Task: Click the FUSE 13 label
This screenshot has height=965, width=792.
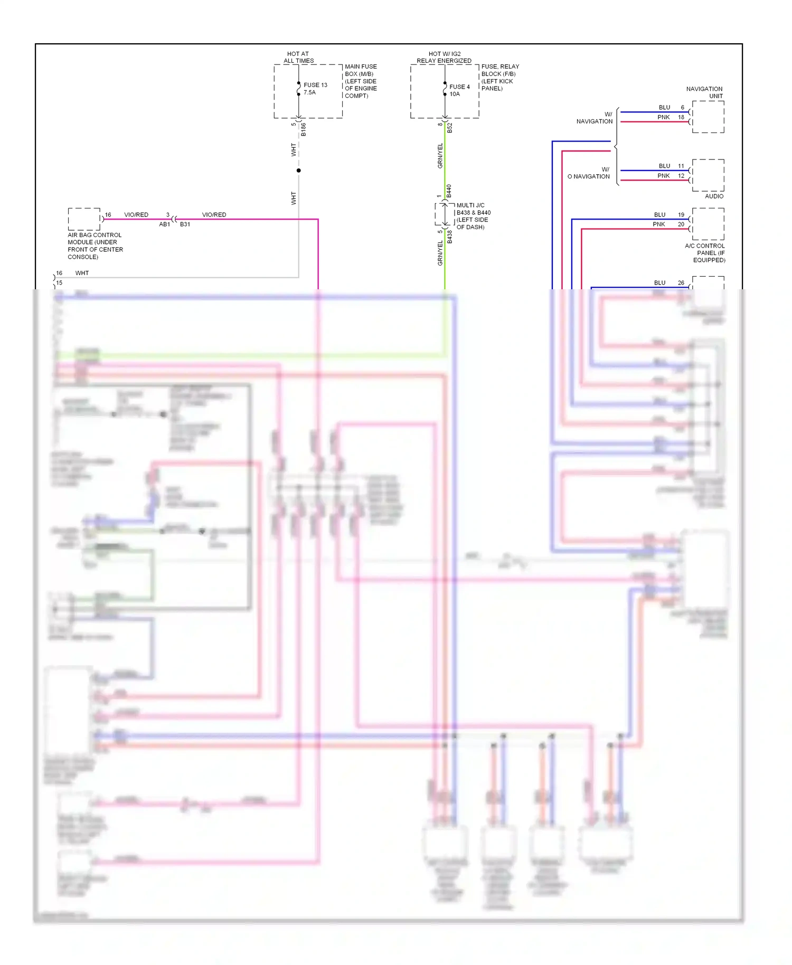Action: pyautogui.click(x=315, y=85)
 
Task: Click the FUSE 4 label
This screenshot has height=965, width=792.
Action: pyautogui.click(x=459, y=87)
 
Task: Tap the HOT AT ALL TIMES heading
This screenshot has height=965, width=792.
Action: pyautogui.click(x=298, y=57)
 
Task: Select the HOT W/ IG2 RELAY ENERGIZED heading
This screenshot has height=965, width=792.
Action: pyautogui.click(x=444, y=57)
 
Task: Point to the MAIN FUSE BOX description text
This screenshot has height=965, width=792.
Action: pyautogui.click(x=361, y=81)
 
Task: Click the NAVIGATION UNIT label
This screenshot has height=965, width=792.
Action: pyautogui.click(x=705, y=92)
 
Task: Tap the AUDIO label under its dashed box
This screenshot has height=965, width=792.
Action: pyautogui.click(x=714, y=196)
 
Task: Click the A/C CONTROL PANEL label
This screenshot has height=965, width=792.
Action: pyautogui.click(x=705, y=253)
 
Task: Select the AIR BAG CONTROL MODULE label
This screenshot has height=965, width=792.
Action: pyautogui.click(x=95, y=246)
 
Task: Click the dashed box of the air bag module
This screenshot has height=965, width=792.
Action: pyautogui.click(x=84, y=219)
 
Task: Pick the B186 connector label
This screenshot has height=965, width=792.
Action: pyautogui.click(x=304, y=129)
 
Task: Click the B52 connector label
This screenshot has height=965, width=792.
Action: pyautogui.click(x=450, y=128)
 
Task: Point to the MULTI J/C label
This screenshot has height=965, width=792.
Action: pyautogui.click(x=470, y=205)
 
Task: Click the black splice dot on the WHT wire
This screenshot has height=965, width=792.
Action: pyautogui.click(x=298, y=171)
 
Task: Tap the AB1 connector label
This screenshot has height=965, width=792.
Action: pyautogui.click(x=165, y=224)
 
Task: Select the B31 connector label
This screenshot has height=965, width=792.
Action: pyautogui.click(x=185, y=224)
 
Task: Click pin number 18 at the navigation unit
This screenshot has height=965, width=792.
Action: pyautogui.click(x=681, y=117)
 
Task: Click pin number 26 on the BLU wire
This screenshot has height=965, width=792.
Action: pyautogui.click(x=681, y=283)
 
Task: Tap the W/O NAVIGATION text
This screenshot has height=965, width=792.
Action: pyautogui.click(x=589, y=173)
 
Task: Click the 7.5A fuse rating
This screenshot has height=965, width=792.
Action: pyautogui.click(x=309, y=92)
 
